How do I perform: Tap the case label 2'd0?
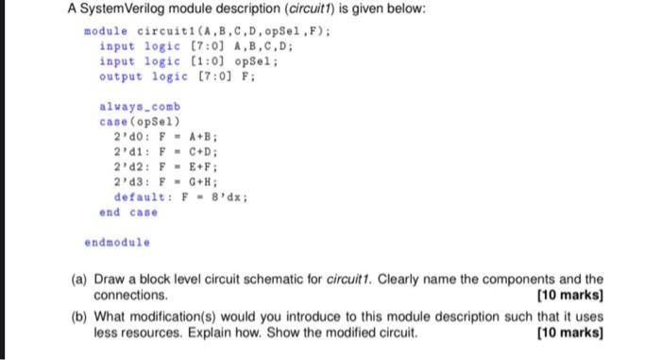126,137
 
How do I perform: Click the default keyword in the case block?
138,197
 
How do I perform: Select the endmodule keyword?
117,242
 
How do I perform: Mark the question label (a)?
80,281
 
